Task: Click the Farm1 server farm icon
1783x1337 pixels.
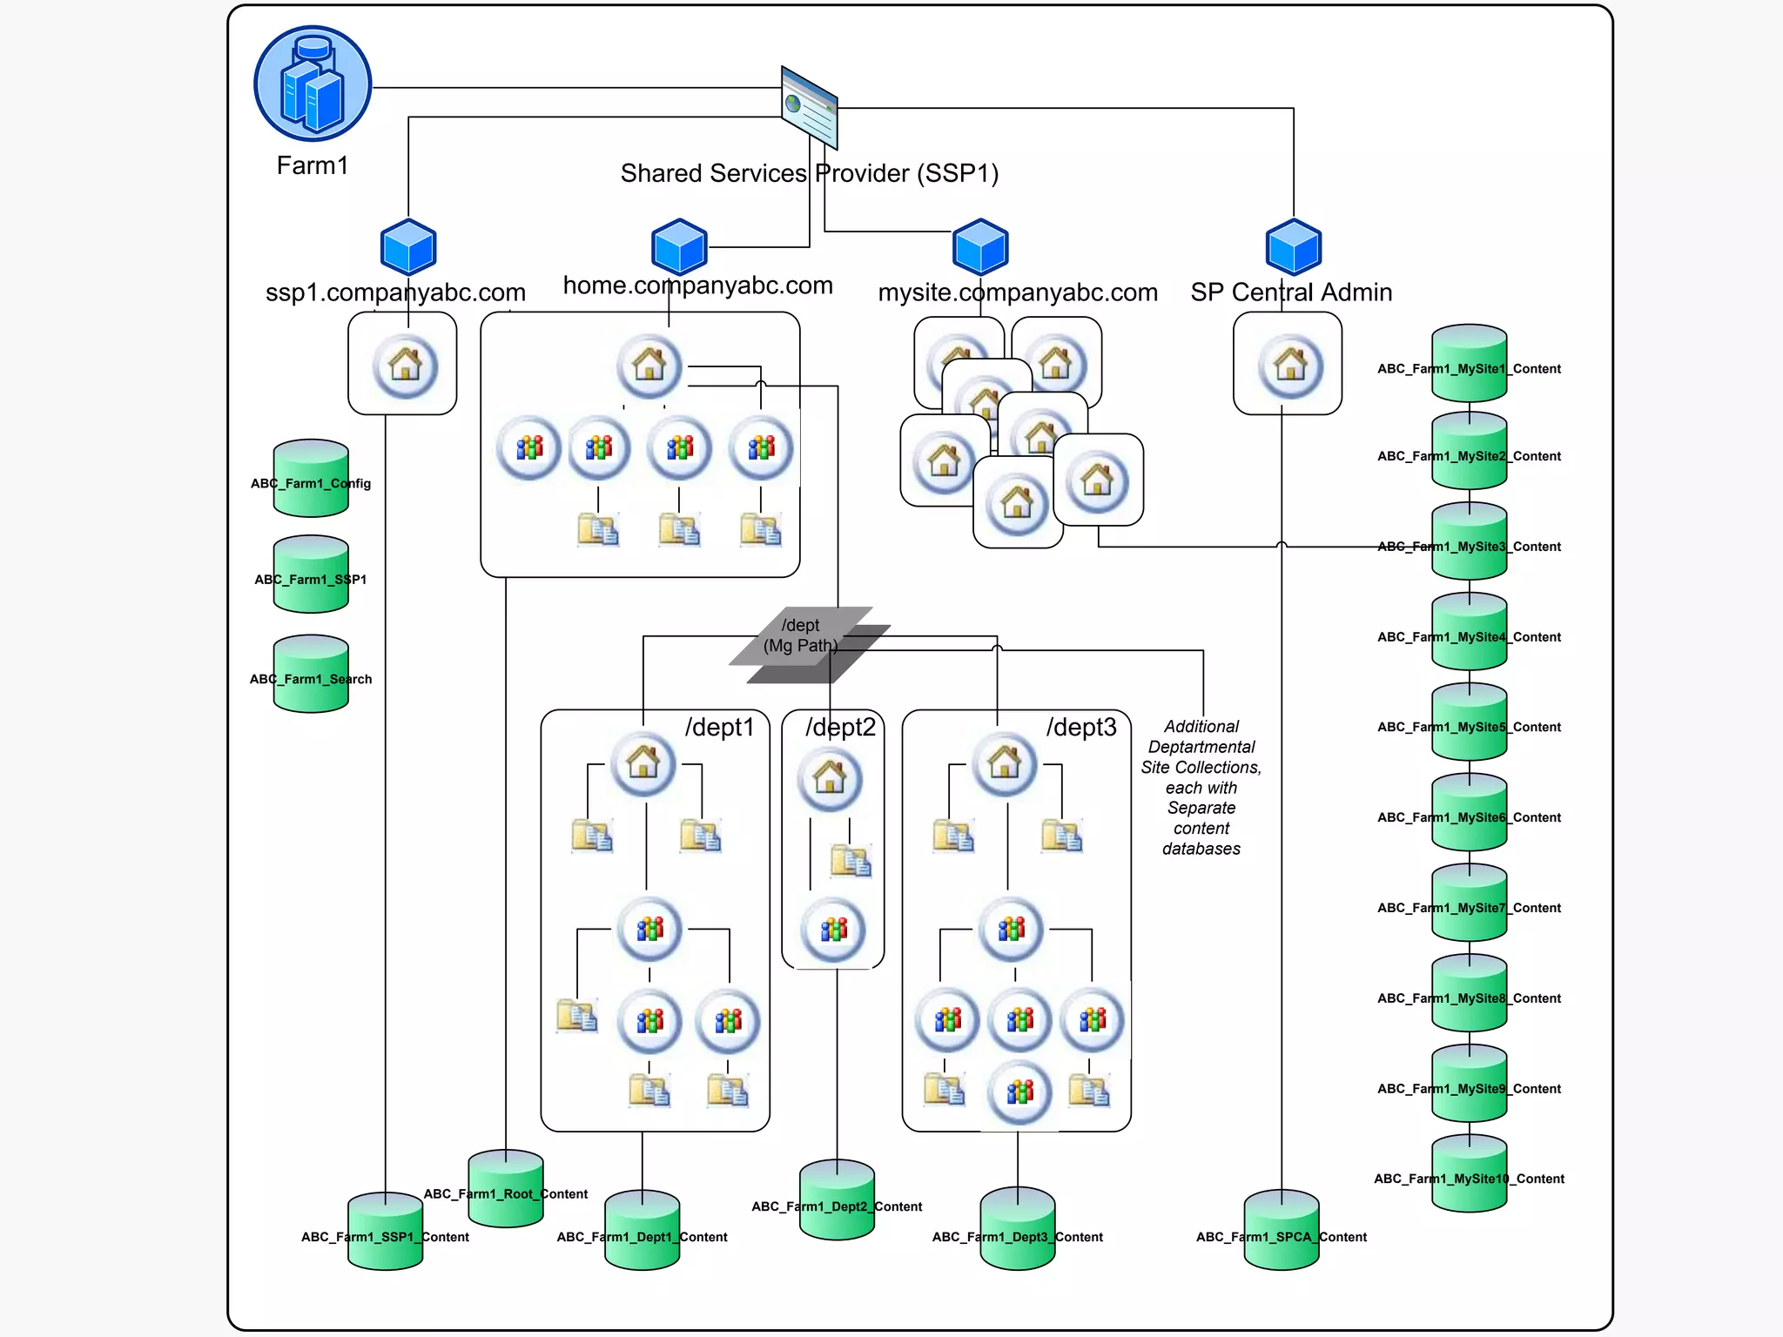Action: pyautogui.click(x=313, y=84)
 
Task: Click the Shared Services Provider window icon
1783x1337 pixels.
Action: pyautogui.click(x=810, y=108)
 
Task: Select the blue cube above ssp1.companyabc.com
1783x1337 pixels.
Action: pyautogui.click(x=408, y=247)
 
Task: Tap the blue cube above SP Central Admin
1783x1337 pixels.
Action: pyautogui.click(x=1294, y=247)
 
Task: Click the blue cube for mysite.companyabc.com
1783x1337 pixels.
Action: pyautogui.click(x=981, y=247)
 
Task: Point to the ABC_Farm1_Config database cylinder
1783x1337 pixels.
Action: pyautogui.click(x=311, y=479)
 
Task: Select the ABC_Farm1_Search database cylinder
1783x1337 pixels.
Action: pyautogui.click(x=311, y=675)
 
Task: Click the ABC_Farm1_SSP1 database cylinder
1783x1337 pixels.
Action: pyautogui.click(x=311, y=575)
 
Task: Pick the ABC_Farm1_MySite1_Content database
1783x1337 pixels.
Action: pyautogui.click(x=1470, y=364)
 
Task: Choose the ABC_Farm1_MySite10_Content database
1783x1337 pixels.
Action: pyautogui.click(x=1470, y=1174)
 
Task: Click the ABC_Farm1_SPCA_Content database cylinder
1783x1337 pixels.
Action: pyautogui.click(x=1282, y=1231)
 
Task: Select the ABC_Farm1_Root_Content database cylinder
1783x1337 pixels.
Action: pyautogui.click(x=506, y=1190)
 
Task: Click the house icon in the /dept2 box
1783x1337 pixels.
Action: pyautogui.click(x=830, y=777)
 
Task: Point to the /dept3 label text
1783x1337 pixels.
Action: pyautogui.click(x=1081, y=727)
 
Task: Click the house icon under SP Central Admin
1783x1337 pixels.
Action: pyautogui.click(x=1290, y=365)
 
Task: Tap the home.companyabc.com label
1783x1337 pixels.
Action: pyautogui.click(x=697, y=286)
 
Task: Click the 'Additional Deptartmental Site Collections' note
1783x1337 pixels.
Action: pyautogui.click(x=1201, y=787)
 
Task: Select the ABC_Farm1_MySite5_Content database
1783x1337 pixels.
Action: pyautogui.click(x=1470, y=722)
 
